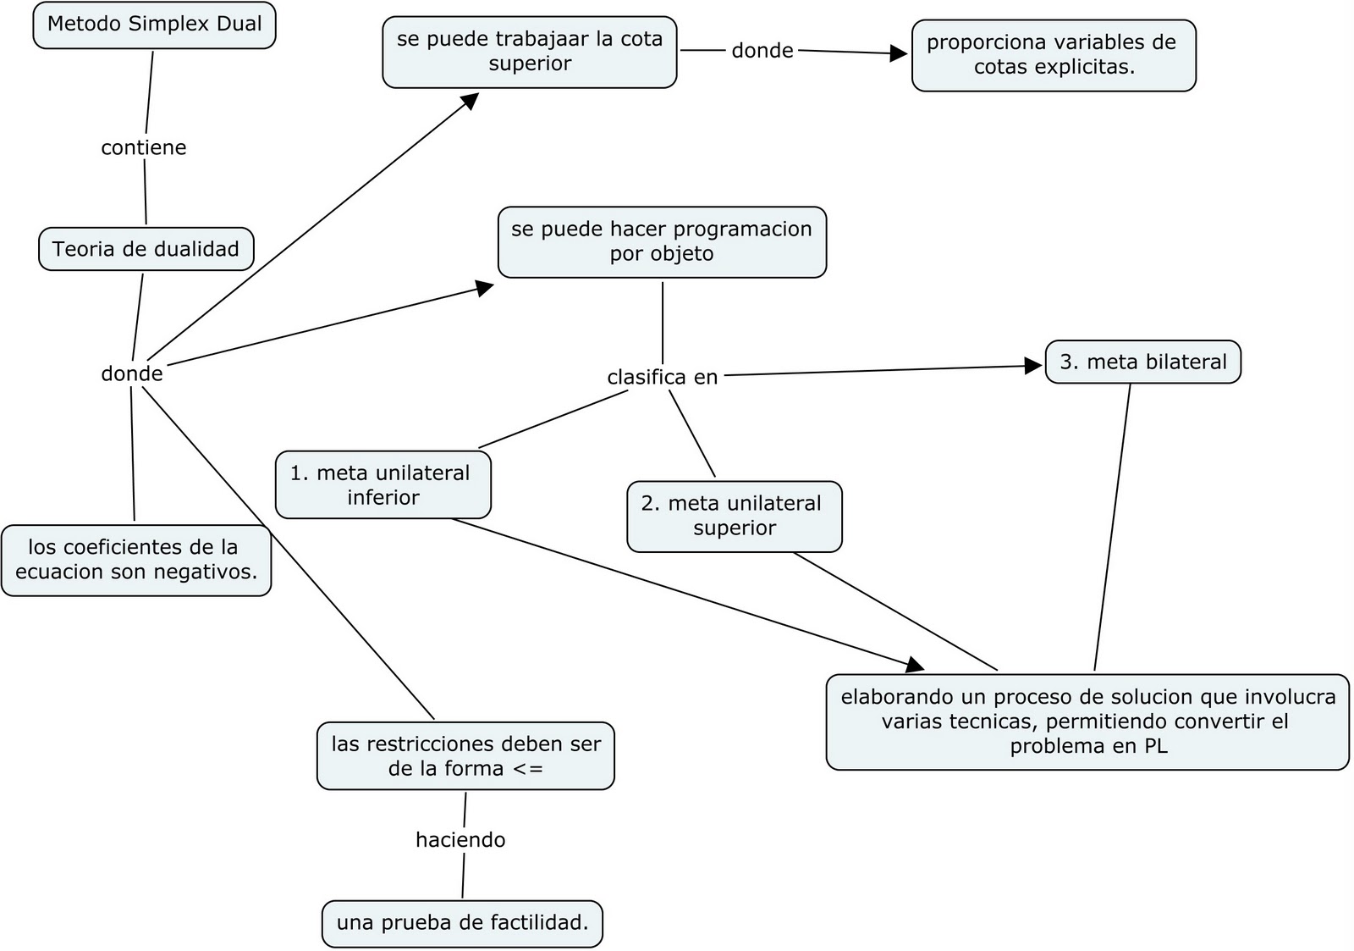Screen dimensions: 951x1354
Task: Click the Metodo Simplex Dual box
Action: pyautogui.click(x=154, y=25)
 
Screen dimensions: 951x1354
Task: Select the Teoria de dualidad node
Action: pyautogui.click(x=146, y=249)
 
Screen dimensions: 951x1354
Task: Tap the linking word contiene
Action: pyautogui.click(x=143, y=147)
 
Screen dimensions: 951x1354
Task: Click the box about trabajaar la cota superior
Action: pyautogui.click(x=530, y=52)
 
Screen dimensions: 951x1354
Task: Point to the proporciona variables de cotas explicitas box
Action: pyautogui.click(x=1054, y=55)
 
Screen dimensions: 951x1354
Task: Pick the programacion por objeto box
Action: pyautogui.click(x=662, y=241)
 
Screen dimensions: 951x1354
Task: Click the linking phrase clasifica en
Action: pyautogui.click(x=662, y=377)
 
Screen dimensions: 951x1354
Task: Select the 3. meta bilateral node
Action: pyautogui.click(x=1142, y=362)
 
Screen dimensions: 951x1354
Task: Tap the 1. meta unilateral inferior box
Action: pyautogui.click(x=383, y=484)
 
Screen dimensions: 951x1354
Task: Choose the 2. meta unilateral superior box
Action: pyautogui.click(x=734, y=516)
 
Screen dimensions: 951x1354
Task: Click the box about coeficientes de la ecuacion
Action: pyautogui.click(x=135, y=560)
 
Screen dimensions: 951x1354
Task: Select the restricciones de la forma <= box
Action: pyautogui.click(x=465, y=756)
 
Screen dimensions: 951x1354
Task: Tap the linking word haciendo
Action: pyautogui.click(x=460, y=840)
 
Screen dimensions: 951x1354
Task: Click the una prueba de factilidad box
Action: pyautogui.click(x=462, y=923)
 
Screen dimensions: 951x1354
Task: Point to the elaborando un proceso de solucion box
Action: pyautogui.click(x=1087, y=722)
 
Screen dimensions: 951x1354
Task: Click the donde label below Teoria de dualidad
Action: pyautogui.click(x=131, y=373)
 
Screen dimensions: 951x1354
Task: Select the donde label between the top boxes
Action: pyautogui.click(x=762, y=51)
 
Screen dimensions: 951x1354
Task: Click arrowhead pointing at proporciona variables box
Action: pyautogui.click(x=899, y=53)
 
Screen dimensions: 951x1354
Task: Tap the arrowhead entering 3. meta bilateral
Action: pyautogui.click(x=1033, y=366)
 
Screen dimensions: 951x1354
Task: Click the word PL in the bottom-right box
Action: pyautogui.click(x=1156, y=746)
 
